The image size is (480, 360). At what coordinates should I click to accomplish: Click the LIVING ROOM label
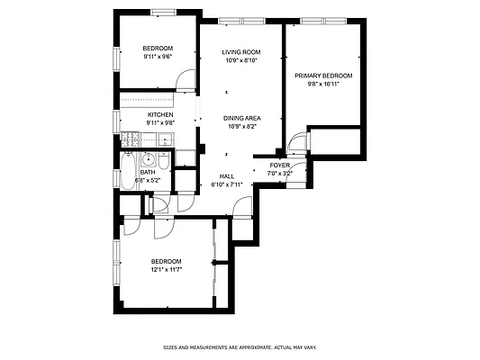coord(240,52)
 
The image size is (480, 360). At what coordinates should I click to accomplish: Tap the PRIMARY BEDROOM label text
coord(323,76)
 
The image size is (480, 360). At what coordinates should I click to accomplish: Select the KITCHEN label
coord(160,114)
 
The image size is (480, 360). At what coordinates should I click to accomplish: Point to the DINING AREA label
coord(241,118)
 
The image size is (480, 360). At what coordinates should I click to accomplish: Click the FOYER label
coord(279,166)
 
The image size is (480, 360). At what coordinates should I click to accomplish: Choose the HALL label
coord(227,176)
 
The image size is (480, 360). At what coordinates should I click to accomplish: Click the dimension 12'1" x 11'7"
coord(166,269)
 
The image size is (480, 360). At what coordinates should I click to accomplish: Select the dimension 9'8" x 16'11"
coord(323,84)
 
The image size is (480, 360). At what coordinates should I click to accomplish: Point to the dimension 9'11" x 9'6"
coord(158,56)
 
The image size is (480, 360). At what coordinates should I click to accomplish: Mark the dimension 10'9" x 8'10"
coord(240,60)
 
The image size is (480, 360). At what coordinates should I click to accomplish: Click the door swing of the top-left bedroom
coord(185,83)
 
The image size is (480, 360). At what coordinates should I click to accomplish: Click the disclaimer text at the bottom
coord(240,347)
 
